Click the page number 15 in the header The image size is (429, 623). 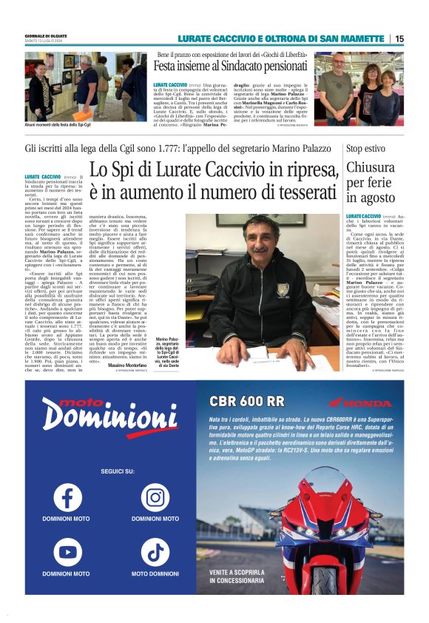(399, 38)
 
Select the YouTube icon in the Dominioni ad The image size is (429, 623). (67, 551)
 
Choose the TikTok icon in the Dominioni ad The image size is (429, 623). (155, 551)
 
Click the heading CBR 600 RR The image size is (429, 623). (246, 401)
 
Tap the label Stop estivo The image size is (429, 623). (365, 149)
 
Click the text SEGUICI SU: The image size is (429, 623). (111, 471)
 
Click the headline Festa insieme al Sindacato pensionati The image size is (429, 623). (232, 66)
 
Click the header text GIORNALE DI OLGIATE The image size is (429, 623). (45, 36)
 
